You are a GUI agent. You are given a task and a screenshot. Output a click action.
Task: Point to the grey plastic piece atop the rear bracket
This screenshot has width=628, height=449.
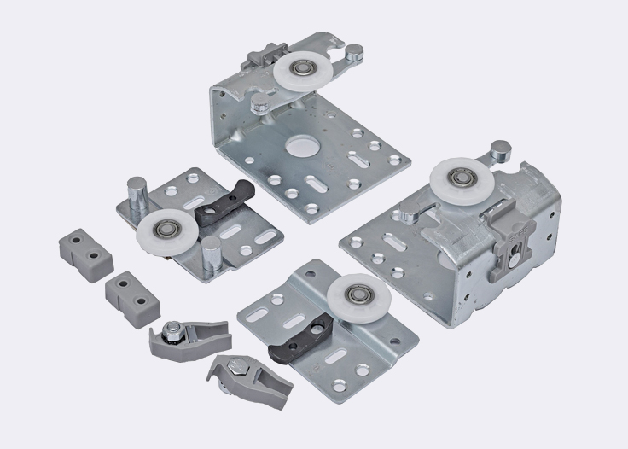pos(256,63)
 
